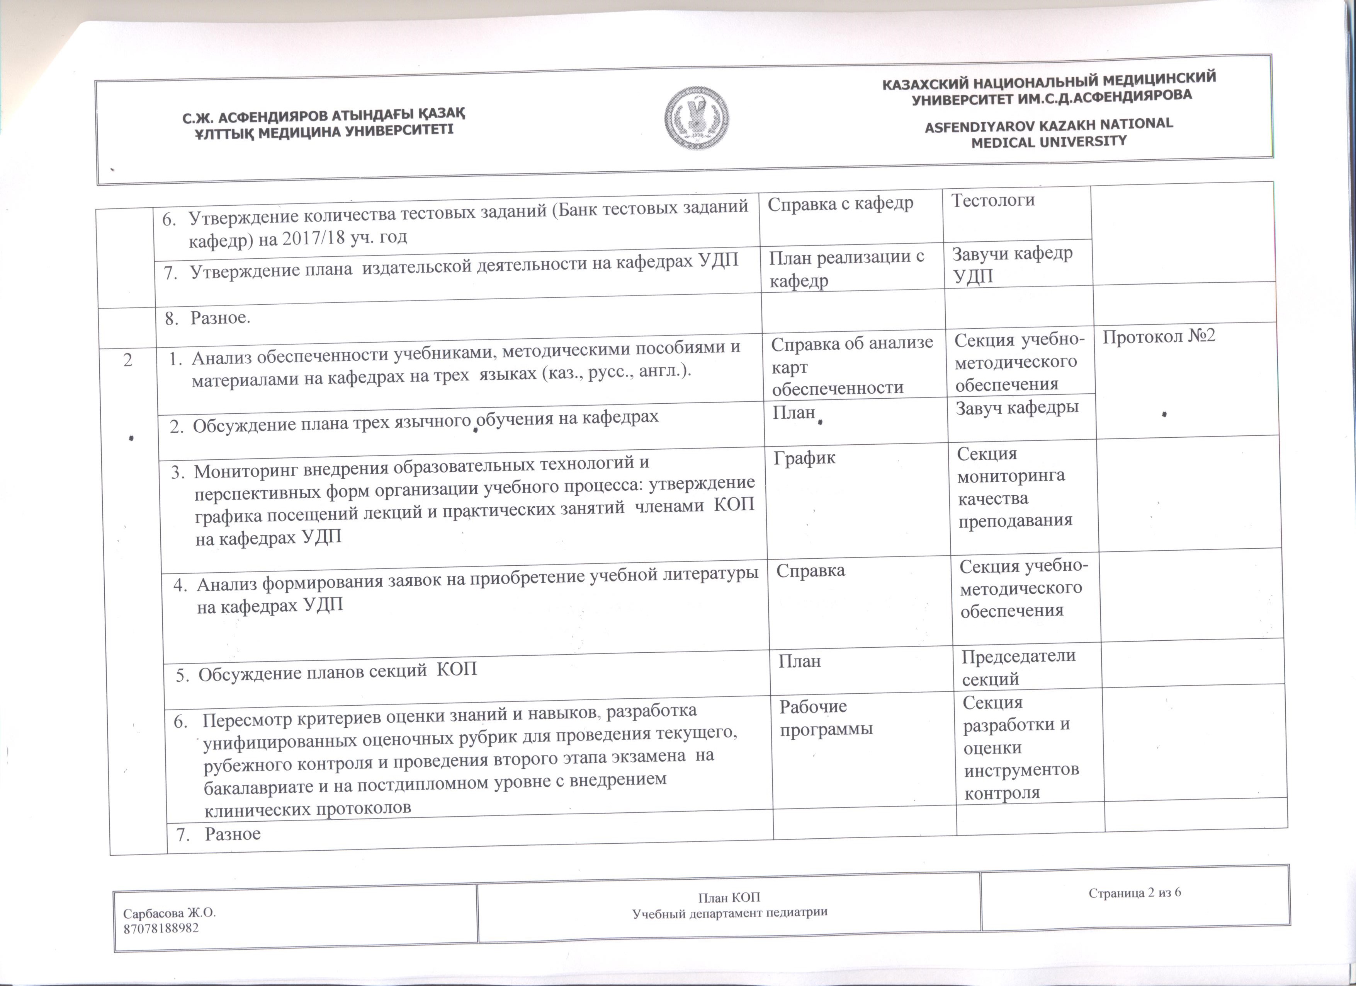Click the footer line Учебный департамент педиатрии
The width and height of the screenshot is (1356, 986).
pos(729,913)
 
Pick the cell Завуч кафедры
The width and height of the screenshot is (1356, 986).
pos(1017,408)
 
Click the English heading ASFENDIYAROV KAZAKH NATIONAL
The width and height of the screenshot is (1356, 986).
pos(1049,125)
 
